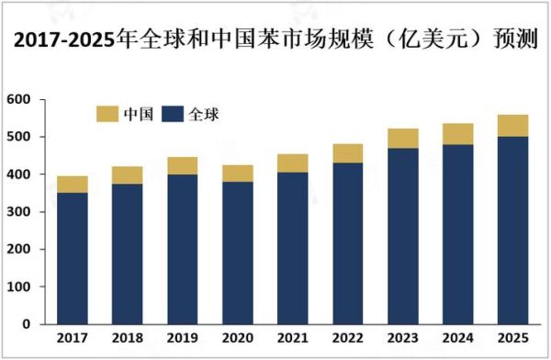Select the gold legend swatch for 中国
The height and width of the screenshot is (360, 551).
point(107,114)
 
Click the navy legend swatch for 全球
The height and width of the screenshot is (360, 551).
point(173,114)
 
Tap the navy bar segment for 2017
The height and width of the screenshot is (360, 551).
point(72,258)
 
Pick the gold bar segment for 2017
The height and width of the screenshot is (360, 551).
point(72,184)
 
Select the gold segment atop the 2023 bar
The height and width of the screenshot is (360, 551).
point(403,138)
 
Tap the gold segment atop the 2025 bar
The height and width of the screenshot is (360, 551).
point(513,125)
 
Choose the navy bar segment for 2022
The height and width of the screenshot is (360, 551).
point(348,243)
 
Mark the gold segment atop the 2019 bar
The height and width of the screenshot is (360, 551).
point(182,165)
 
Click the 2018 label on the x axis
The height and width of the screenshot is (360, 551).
point(127,340)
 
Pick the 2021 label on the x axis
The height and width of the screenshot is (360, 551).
point(293,340)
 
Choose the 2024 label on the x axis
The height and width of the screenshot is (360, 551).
point(458,340)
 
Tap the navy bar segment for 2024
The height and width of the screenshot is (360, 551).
point(458,234)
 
